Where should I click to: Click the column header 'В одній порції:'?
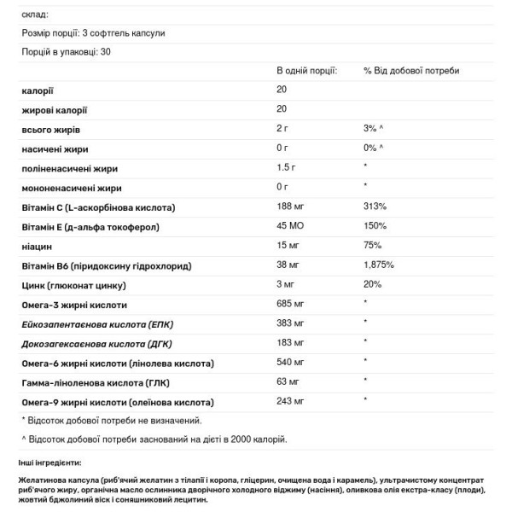click(x=305, y=70)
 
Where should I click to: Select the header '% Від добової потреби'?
click(x=411, y=70)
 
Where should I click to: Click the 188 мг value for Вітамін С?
click(x=292, y=207)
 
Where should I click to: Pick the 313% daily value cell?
click(x=375, y=207)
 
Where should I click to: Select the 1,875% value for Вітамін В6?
click(x=379, y=265)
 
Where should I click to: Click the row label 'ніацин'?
click(x=37, y=246)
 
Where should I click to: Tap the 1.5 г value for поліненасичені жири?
click(x=288, y=167)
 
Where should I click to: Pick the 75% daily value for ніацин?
click(x=373, y=246)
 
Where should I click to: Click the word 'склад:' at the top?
click(x=34, y=15)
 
